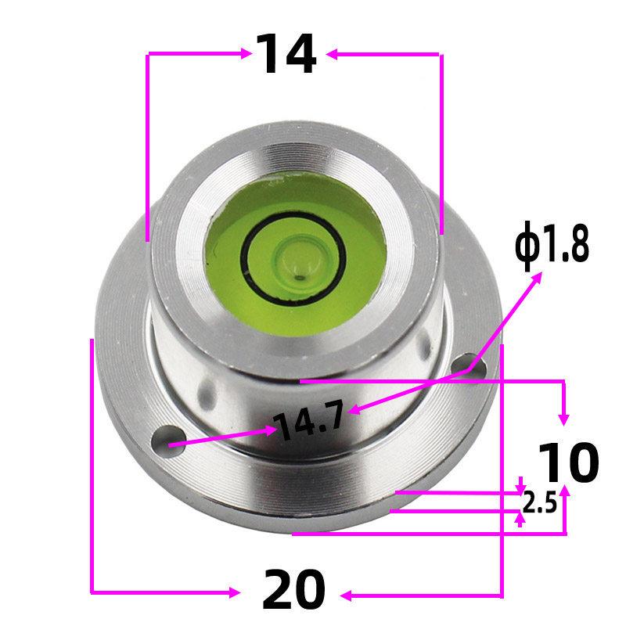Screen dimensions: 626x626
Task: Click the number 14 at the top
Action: click(286, 55)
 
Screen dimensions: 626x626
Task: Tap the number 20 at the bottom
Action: click(293, 591)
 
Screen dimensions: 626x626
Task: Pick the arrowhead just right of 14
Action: click(332, 53)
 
